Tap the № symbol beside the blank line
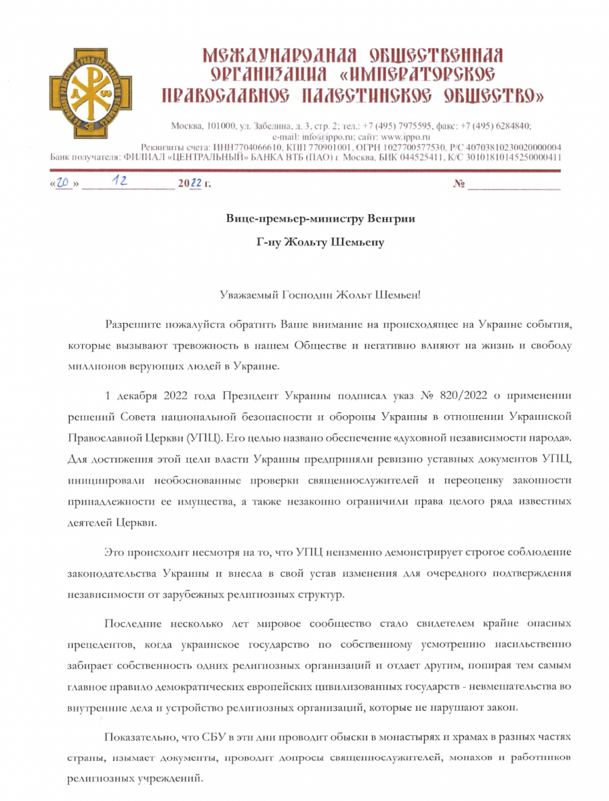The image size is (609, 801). (x=459, y=184)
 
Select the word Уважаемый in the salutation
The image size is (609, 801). (x=249, y=294)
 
